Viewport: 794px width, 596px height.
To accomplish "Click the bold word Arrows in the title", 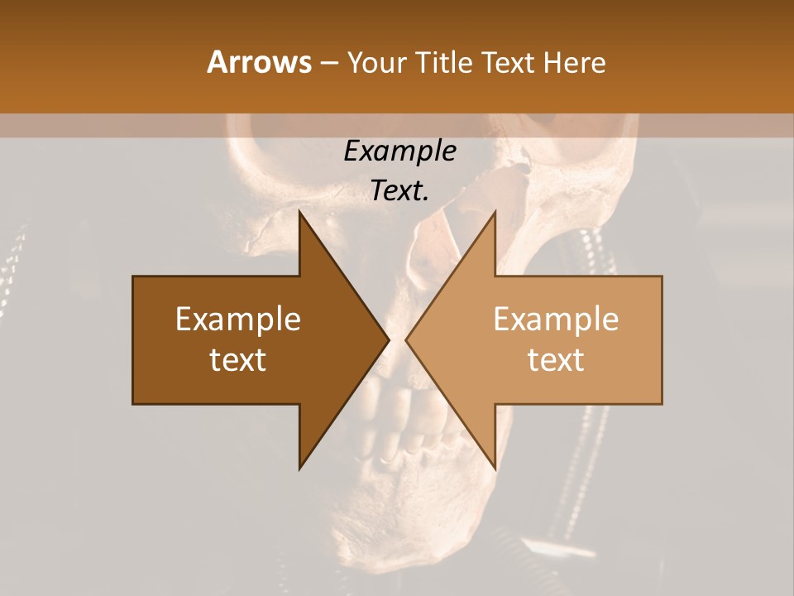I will (x=259, y=62).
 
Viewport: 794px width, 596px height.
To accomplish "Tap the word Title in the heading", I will (x=444, y=62).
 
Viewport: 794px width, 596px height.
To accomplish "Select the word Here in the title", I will (x=574, y=62).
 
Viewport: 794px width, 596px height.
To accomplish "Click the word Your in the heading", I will (x=378, y=62).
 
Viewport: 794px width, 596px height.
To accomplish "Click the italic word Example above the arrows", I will (x=399, y=151).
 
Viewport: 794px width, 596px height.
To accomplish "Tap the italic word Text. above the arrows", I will (x=399, y=191).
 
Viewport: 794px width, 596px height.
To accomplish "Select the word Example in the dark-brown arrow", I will (x=238, y=320).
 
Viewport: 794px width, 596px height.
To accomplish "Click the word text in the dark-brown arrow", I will (x=238, y=360).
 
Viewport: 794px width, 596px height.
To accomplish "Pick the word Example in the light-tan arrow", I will (x=556, y=320).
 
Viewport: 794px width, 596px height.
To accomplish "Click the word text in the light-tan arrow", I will (x=556, y=360).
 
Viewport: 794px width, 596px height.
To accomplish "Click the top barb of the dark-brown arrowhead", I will (x=301, y=215).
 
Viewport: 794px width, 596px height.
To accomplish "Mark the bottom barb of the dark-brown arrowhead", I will (x=301, y=465).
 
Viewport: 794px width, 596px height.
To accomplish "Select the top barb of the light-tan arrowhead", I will (x=494, y=215).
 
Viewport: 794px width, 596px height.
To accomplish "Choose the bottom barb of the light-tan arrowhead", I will (x=494, y=465).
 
